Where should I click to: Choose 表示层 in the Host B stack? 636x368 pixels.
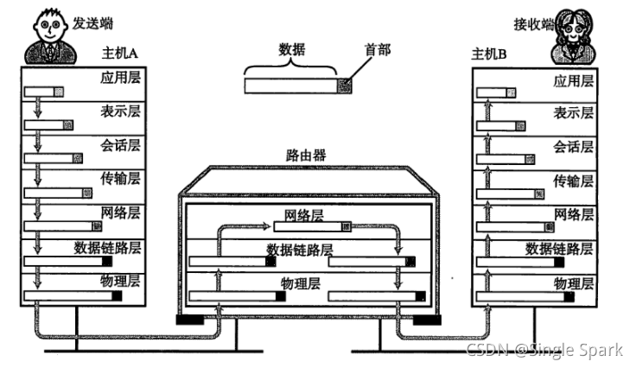[574, 113]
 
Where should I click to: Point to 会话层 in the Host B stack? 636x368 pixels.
[574, 146]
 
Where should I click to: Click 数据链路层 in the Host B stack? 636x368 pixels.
[561, 248]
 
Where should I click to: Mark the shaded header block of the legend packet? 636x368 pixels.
[345, 86]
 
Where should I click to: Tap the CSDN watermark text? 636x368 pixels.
[544, 350]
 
